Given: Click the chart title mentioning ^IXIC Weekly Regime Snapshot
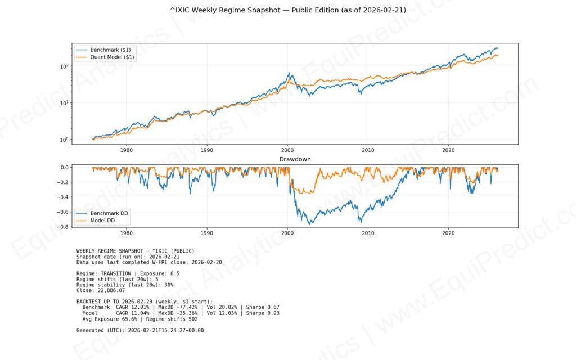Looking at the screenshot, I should point(287,10).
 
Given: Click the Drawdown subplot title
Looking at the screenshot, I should point(295,159).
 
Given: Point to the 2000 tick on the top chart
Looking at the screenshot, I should point(287,150).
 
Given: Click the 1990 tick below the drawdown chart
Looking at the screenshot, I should point(207,232).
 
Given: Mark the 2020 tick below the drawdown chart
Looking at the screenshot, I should point(449,232).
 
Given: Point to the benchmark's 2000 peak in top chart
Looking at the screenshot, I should point(289,73).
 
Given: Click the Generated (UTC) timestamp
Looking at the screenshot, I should point(166,330).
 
